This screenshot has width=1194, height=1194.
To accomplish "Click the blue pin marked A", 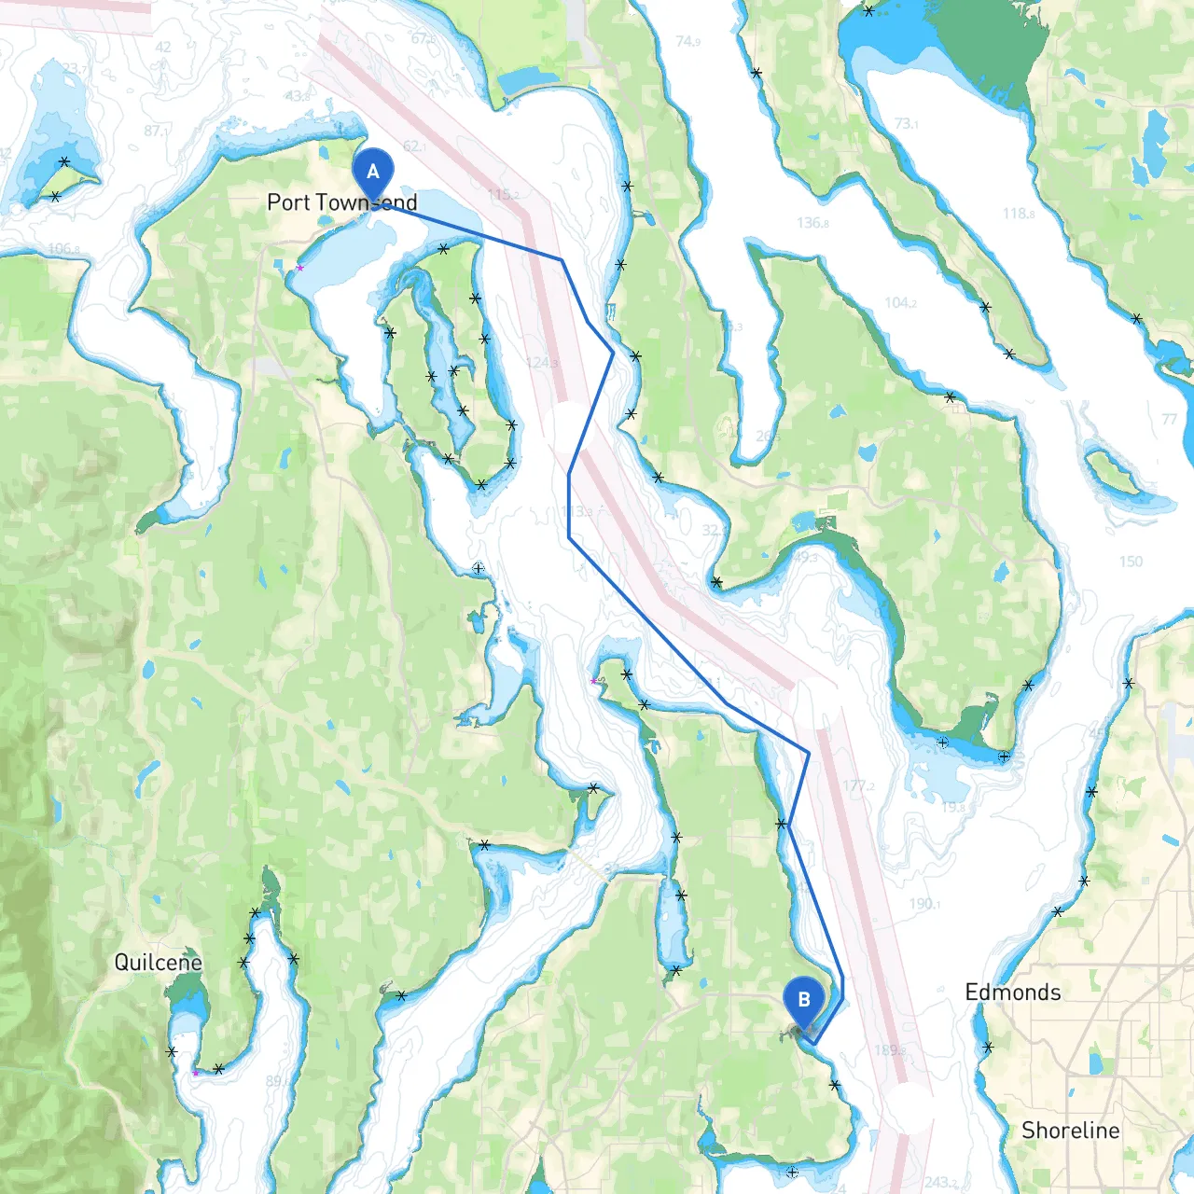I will pyautogui.click(x=373, y=174).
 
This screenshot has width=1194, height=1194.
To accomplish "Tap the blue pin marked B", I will pyautogui.click(x=804, y=1001).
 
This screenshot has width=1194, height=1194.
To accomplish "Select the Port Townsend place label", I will pyautogui.click(x=341, y=202).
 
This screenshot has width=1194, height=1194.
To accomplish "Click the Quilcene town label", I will pyautogui.click(x=158, y=963).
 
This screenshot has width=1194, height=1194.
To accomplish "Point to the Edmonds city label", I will pyautogui.click(x=1013, y=993).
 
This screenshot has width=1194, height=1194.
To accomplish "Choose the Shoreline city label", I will pyautogui.click(x=1071, y=1131).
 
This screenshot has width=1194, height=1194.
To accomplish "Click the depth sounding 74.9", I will pyautogui.click(x=688, y=41).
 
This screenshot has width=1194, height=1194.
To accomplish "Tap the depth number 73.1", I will pyautogui.click(x=906, y=123).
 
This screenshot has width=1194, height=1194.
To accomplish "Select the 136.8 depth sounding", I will pyautogui.click(x=812, y=222).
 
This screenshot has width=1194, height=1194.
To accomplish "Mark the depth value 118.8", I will pyautogui.click(x=1019, y=214).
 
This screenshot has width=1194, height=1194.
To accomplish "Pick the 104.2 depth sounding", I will pyautogui.click(x=900, y=302).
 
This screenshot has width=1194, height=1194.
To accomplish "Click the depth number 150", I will pyautogui.click(x=1131, y=562).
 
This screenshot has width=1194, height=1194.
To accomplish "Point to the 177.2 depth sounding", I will pyautogui.click(x=858, y=785).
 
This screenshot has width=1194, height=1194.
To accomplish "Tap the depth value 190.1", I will pyautogui.click(x=924, y=904).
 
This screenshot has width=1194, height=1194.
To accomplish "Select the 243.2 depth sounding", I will pyautogui.click(x=941, y=1183).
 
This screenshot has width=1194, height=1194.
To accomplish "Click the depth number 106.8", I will pyautogui.click(x=63, y=249).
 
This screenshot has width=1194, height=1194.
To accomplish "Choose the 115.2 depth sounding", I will pyautogui.click(x=504, y=194).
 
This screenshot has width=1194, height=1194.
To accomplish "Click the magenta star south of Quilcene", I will pyautogui.click(x=196, y=1073).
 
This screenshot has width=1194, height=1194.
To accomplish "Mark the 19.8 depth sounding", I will pyautogui.click(x=952, y=807).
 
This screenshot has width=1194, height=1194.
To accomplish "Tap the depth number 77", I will pyautogui.click(x=1170, y=419).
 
